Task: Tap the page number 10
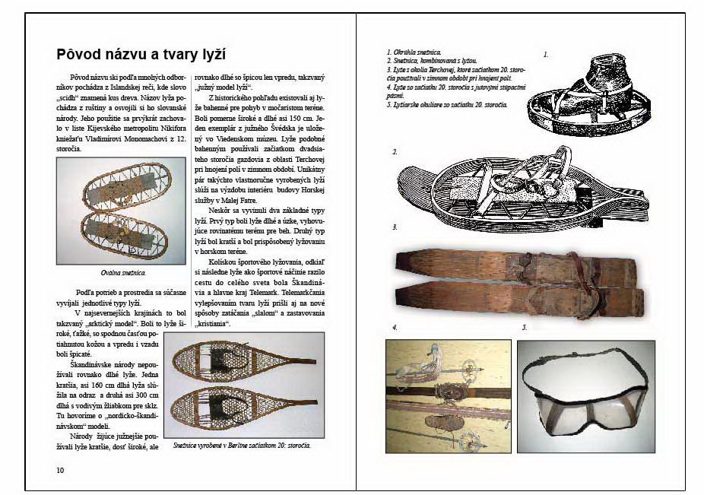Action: coord(60,470)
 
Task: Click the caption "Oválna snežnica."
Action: coord(122,271)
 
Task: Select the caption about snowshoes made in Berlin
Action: coord(242,445)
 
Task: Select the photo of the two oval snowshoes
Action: coord(122,211)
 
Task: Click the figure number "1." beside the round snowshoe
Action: coord(545,55)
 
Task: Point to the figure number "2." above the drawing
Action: coord(395,152)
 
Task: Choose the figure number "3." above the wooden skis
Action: coord(395,227)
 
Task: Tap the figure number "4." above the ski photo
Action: coord(395,328)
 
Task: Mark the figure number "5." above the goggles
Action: coord(524,328)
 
